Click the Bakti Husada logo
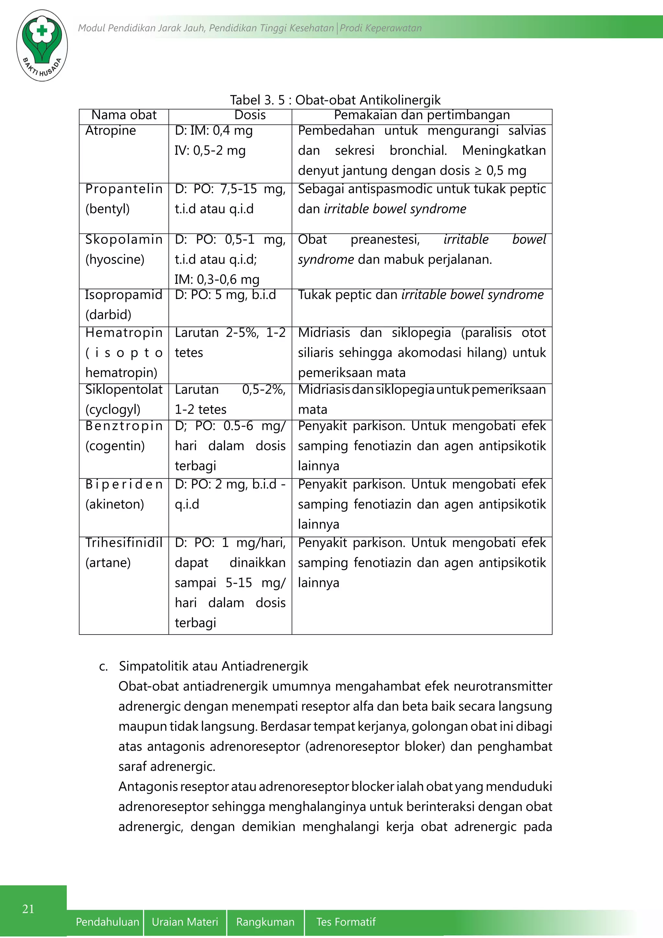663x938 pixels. pos(42,45)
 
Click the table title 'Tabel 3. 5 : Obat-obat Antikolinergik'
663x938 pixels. pos(335,100)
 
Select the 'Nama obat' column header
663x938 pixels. pos(124,115)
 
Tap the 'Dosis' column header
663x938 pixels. pos(250,115)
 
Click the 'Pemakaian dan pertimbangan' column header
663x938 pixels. pos(422,115)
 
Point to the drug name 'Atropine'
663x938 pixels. pos(111,131)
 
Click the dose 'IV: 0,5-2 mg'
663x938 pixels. pos(210,151)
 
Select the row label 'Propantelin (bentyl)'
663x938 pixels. pos(124,199)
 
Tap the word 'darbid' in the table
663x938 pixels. pos(108,315)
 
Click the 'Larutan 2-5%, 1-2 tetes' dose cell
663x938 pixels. pos(230,343)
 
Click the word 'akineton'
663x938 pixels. pos(115,505)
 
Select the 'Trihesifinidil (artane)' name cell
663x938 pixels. pos(124,553)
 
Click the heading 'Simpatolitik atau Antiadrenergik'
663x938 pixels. pos(213,666)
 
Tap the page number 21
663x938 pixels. pos(28,909)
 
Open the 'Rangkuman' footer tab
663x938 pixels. pos(265,922)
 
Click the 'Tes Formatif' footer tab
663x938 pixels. pos(346,922)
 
